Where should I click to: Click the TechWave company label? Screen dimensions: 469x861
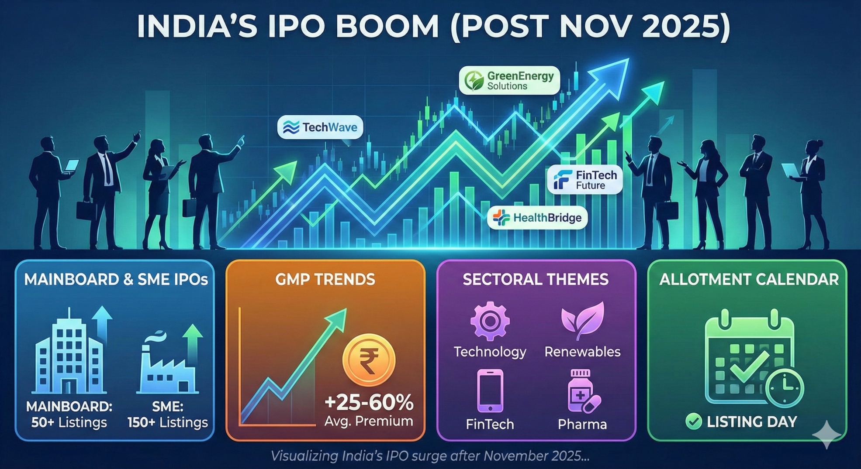pos(320,127)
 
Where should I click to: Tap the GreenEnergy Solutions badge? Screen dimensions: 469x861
pos(509,81)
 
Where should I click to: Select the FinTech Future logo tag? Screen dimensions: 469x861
pos(584,180)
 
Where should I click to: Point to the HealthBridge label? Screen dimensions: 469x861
pos(537,218)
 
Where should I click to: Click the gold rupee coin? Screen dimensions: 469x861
pos(369,360)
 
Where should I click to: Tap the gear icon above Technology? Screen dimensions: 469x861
pos(490,321)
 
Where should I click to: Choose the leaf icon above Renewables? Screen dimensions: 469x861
pos(583,320)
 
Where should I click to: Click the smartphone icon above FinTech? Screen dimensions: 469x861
pos(490,391)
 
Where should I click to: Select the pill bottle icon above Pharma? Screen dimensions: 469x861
pos(582,391)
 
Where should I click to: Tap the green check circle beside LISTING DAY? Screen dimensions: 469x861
pos(693,421)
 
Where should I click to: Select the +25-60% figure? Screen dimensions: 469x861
pos(369,403)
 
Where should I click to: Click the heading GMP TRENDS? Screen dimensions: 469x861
pos(325,280)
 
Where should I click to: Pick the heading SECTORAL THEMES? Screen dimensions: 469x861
pos(536,280)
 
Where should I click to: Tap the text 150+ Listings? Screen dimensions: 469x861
pos(168,422)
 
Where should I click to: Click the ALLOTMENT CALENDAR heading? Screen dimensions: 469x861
pos(749,280)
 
